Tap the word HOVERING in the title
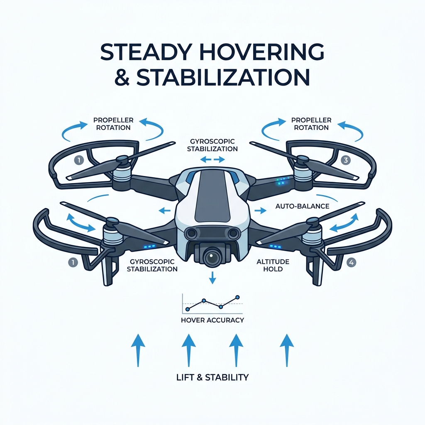(261, 52)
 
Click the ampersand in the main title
(122, 77)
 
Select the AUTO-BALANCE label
(302, 206)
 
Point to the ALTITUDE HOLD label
(273, 265)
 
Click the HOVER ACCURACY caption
(212, 320)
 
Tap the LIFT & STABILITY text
(212, 377)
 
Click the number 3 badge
(345, 160)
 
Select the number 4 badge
(351, 262)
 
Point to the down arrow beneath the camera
(212, 278)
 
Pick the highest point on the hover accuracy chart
(238, 297)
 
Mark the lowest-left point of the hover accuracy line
(187, 309)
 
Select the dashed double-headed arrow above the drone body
(212, 160)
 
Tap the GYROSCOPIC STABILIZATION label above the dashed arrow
(212, 145)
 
